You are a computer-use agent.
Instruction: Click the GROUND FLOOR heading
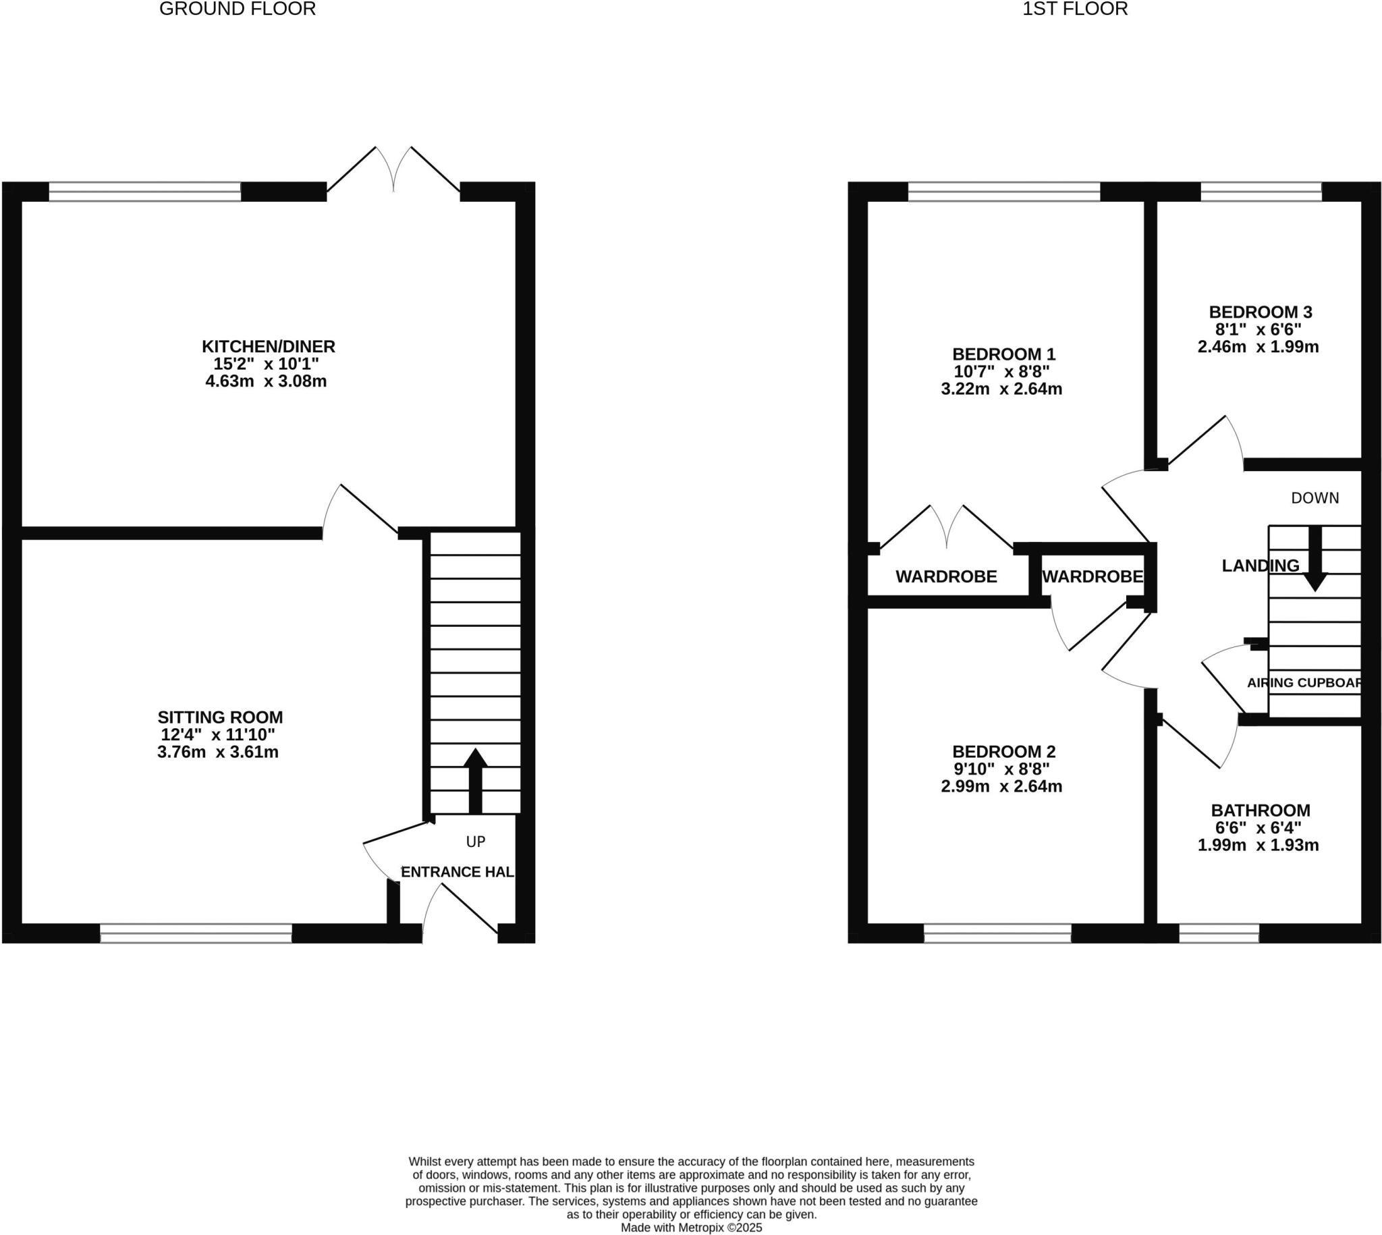click(238, 9)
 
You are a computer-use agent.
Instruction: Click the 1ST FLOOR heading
click(1075, 9)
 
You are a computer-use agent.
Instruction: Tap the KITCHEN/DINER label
click(268, 346)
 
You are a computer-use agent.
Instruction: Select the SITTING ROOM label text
click(220, 717)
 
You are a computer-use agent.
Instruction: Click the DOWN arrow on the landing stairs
click(1315, 561)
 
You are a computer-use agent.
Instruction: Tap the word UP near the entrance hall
click(476, 842)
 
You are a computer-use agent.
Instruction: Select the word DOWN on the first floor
click(1315, 498)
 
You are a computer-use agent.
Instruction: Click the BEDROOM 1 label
click(1003, 354)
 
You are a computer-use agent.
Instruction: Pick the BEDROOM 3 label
click(1260, 312)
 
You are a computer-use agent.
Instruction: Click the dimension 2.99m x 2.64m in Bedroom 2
click(1001, 786)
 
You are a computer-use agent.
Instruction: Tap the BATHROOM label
click(1260, 811)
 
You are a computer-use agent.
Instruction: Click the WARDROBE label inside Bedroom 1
click(946, 577)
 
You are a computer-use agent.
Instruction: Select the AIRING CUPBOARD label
click(1303, 683)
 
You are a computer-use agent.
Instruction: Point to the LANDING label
click(1260, 566)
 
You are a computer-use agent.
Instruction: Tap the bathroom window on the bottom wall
click(1219, 933)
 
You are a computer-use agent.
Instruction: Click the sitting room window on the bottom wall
click(196, 933)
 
